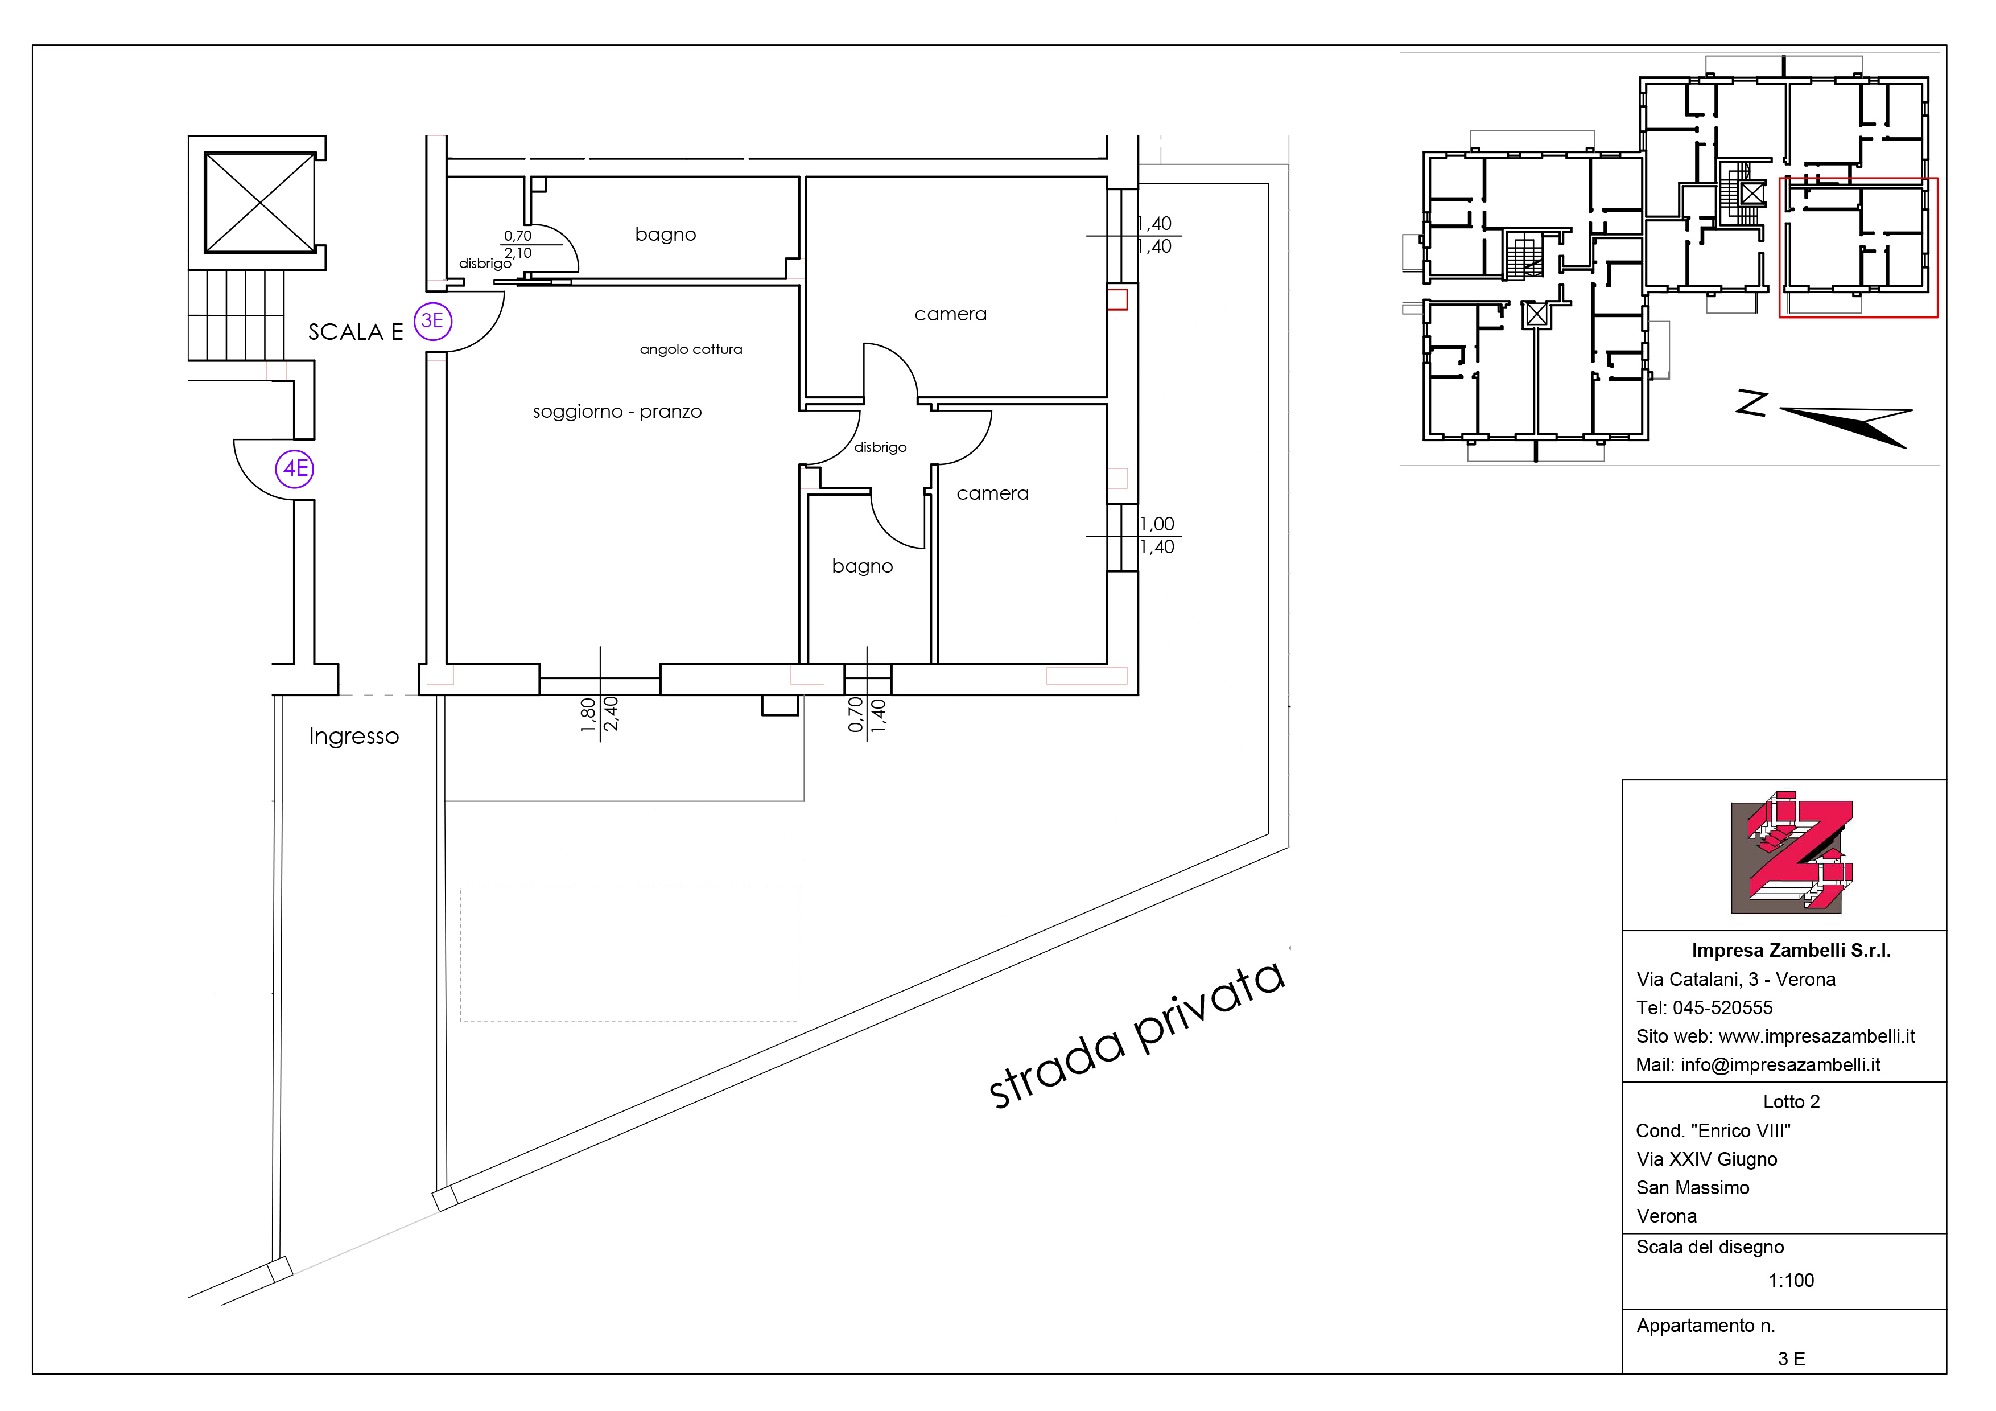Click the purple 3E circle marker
(432, 321)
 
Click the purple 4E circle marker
(295, 468)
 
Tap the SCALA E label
(356, 332)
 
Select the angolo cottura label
(691, 349)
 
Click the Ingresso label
(354, 737)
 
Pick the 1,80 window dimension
(588, 715)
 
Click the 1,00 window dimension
(1157, 524)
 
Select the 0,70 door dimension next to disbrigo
(517, 236)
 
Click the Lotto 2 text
(1791, 1101)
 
